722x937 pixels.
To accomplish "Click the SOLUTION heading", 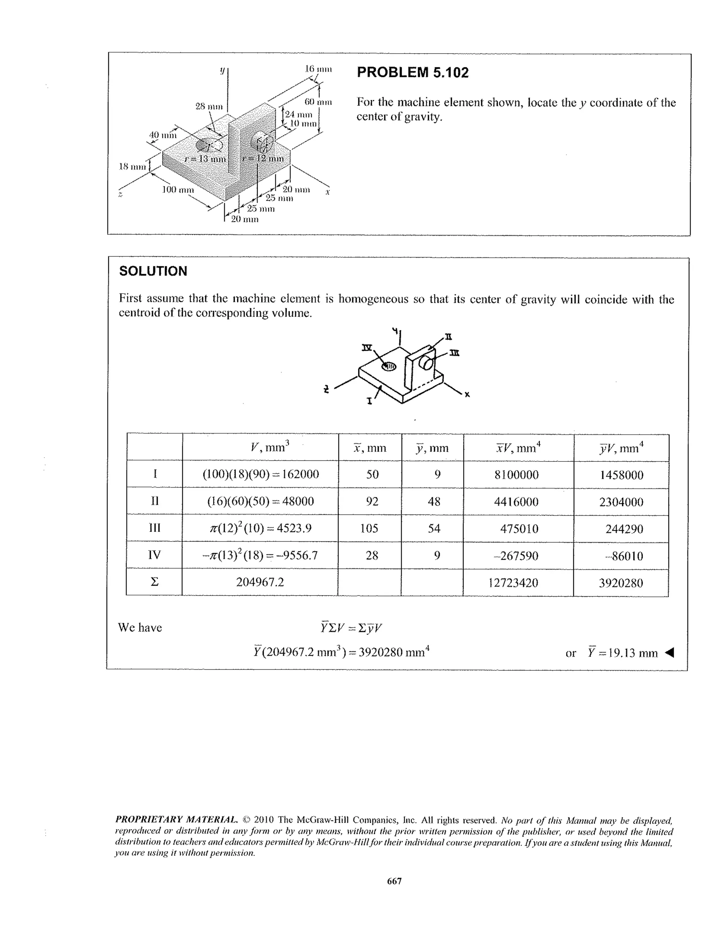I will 153,271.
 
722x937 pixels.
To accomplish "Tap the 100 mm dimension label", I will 178,190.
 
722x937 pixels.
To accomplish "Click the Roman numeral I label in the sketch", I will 369,401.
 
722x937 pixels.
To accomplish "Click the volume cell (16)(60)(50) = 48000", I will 260,501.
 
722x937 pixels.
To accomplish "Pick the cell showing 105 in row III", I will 369,528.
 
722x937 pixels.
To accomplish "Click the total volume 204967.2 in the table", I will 260,582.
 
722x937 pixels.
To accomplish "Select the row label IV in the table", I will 154,555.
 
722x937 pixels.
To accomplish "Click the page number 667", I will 394,881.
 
